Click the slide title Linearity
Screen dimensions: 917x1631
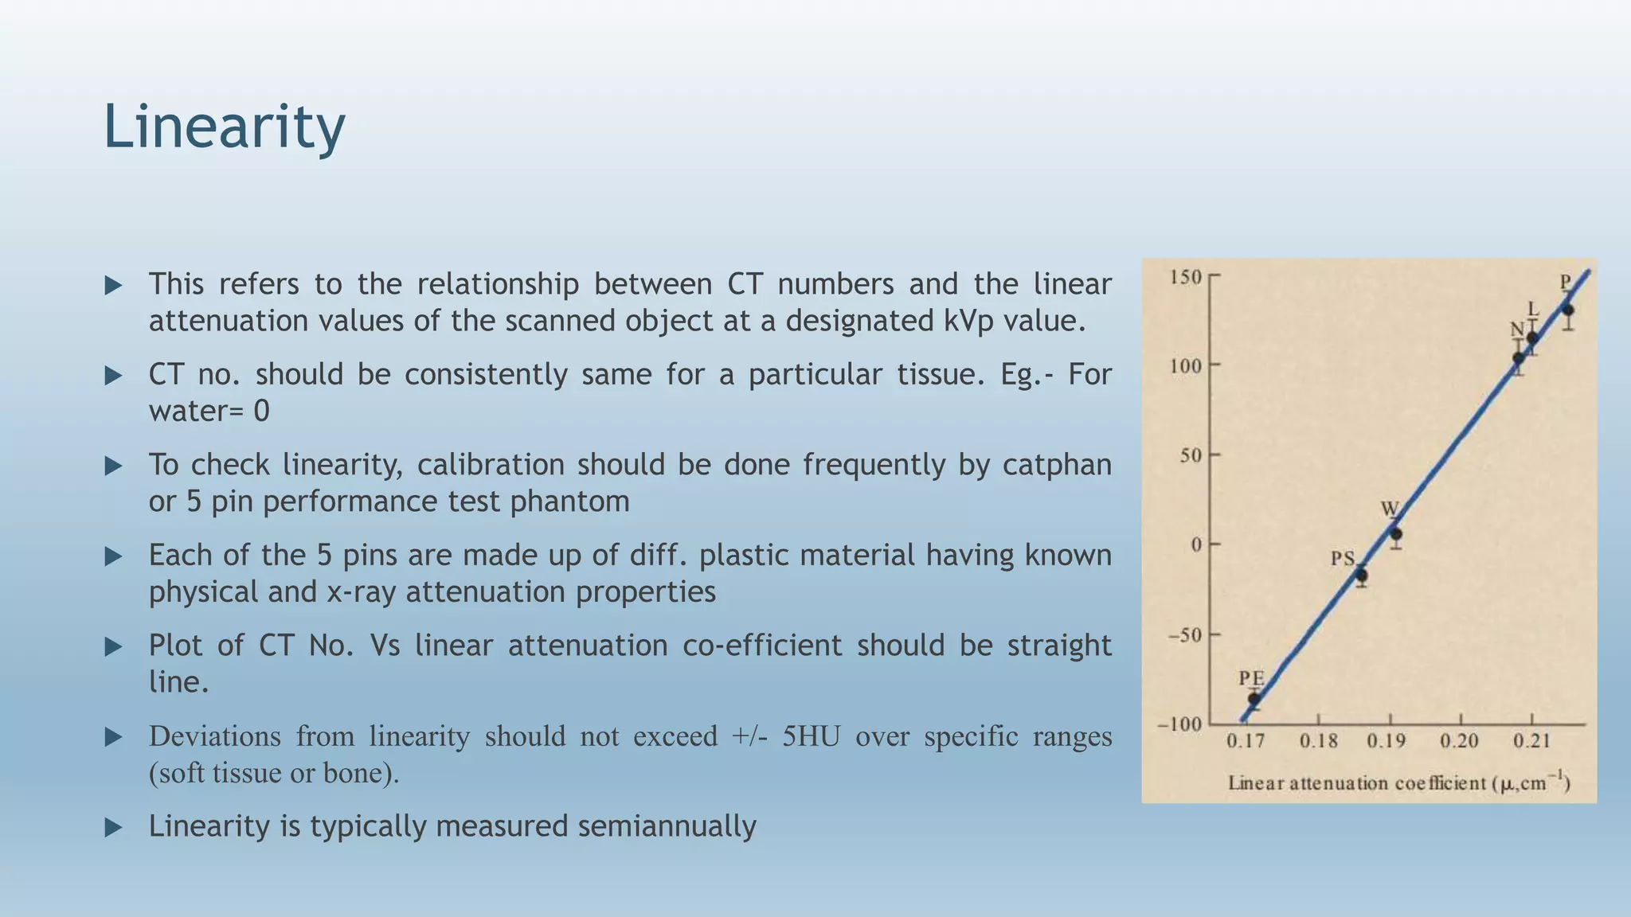(224, 127)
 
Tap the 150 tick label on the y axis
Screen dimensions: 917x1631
(1185, 277)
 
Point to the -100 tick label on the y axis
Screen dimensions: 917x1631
(1179, 724)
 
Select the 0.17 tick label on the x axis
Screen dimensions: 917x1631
(1246, 742)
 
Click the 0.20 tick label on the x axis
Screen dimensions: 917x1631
(1459, 742)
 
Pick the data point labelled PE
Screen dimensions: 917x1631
(1254, 700)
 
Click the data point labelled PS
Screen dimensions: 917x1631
(1362, 575)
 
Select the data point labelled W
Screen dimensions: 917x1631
(1396, 534)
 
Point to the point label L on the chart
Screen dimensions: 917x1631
(1533, 309)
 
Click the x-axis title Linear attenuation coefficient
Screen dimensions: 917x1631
(1398, 783)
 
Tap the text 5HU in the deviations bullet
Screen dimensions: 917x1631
(811, 736)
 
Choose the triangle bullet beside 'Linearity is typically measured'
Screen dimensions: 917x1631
(114, 828)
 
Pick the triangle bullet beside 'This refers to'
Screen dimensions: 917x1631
(114, 285)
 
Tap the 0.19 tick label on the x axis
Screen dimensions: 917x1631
(1387, 742)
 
